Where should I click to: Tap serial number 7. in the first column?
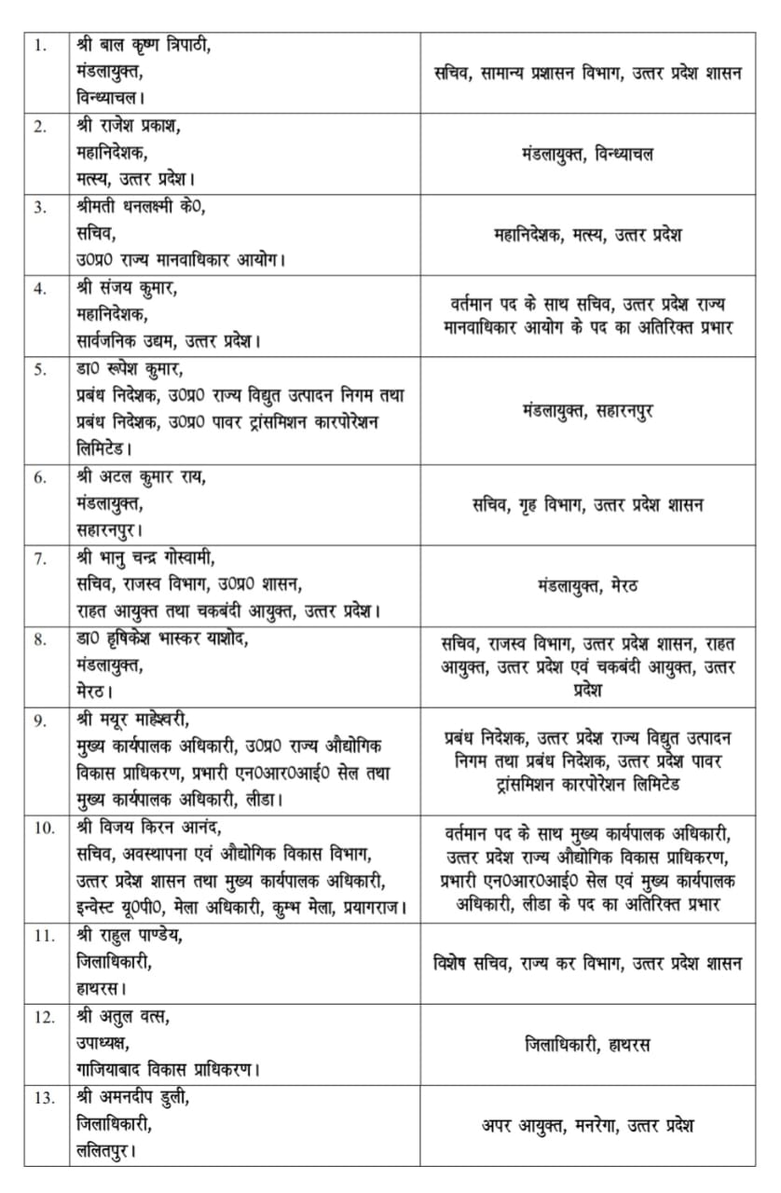[x=40, y=558]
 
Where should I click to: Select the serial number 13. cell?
[x=44, y=1098]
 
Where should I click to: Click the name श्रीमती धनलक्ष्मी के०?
[x=142, y=207]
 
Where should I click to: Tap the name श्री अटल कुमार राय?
[x=141, y=477]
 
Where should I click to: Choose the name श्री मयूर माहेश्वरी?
[x=132, y=720]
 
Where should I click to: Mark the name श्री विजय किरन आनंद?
[x=149, y=828]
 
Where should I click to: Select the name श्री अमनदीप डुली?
[x=132, y=1098]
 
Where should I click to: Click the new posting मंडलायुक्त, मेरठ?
[x=587, y=586]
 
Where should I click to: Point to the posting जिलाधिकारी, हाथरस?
[x=587, y=1044]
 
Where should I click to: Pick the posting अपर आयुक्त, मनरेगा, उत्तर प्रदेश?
[x=587, y=1126]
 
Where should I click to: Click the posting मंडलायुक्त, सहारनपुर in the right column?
[x=587, y=410]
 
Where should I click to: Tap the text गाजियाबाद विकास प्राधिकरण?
[x=168, y=1070]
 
